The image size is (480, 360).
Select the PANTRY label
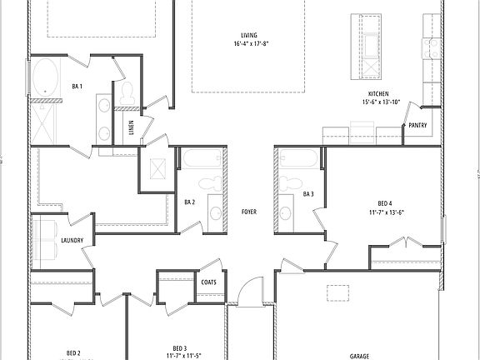417,126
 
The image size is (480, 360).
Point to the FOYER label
248,212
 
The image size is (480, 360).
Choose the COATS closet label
208,282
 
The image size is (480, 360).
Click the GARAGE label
359,355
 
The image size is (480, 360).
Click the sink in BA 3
286,212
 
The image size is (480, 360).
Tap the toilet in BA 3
291,181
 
